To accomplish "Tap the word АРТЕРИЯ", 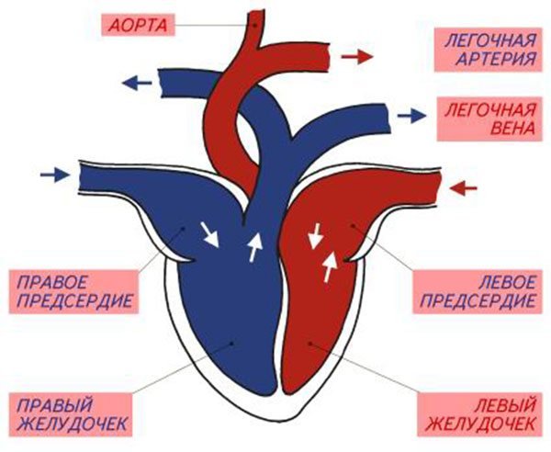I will point(497,62).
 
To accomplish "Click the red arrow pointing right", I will point(357,57).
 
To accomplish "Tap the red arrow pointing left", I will point(465,189).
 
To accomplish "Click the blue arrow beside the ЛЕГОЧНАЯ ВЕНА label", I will point(412,115).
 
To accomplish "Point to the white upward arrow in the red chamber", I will point(329,266).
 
